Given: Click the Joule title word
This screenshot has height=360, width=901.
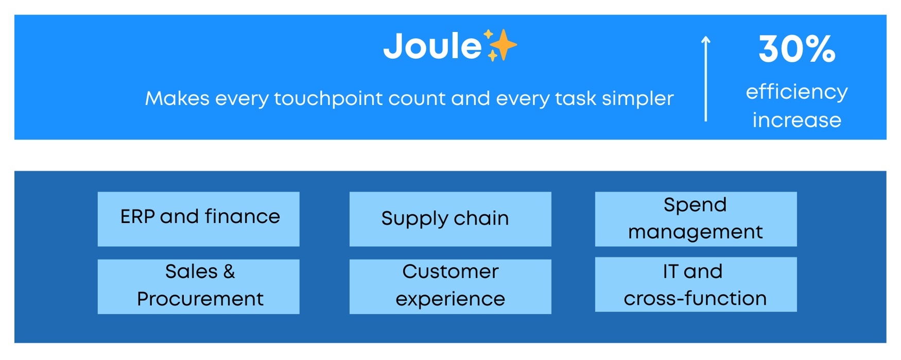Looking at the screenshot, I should tap(432, 46).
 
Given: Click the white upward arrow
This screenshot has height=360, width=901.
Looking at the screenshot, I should tap(706, 78).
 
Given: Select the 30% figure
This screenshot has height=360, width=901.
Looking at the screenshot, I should tap(796, 49).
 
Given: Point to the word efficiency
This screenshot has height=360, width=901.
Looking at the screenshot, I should tap(796, 93).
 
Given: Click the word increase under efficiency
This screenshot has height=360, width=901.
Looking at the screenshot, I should tap(796, 120).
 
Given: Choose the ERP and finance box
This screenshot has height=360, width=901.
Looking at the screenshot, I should tap(198, 219).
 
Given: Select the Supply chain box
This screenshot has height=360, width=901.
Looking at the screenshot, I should tap(450, 219).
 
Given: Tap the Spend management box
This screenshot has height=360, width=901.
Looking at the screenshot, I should tap(696, 219).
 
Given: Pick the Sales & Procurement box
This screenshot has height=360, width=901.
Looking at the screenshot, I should tap(198, 286).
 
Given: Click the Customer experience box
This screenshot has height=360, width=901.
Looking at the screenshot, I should tap(450, 286).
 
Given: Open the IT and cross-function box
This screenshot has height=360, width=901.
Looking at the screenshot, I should tap(696, 284).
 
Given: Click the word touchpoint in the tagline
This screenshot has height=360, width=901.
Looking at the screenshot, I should tap(328, 98).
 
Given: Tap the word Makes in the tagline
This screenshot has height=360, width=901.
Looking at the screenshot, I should tap(177, 98).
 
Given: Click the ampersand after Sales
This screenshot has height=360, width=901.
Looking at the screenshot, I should tap(229, 271).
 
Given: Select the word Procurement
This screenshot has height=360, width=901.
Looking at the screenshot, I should tap(200, 299).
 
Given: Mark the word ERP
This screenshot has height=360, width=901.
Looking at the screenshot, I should tap(137, 217).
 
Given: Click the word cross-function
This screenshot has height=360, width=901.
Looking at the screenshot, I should tap(695, 299).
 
